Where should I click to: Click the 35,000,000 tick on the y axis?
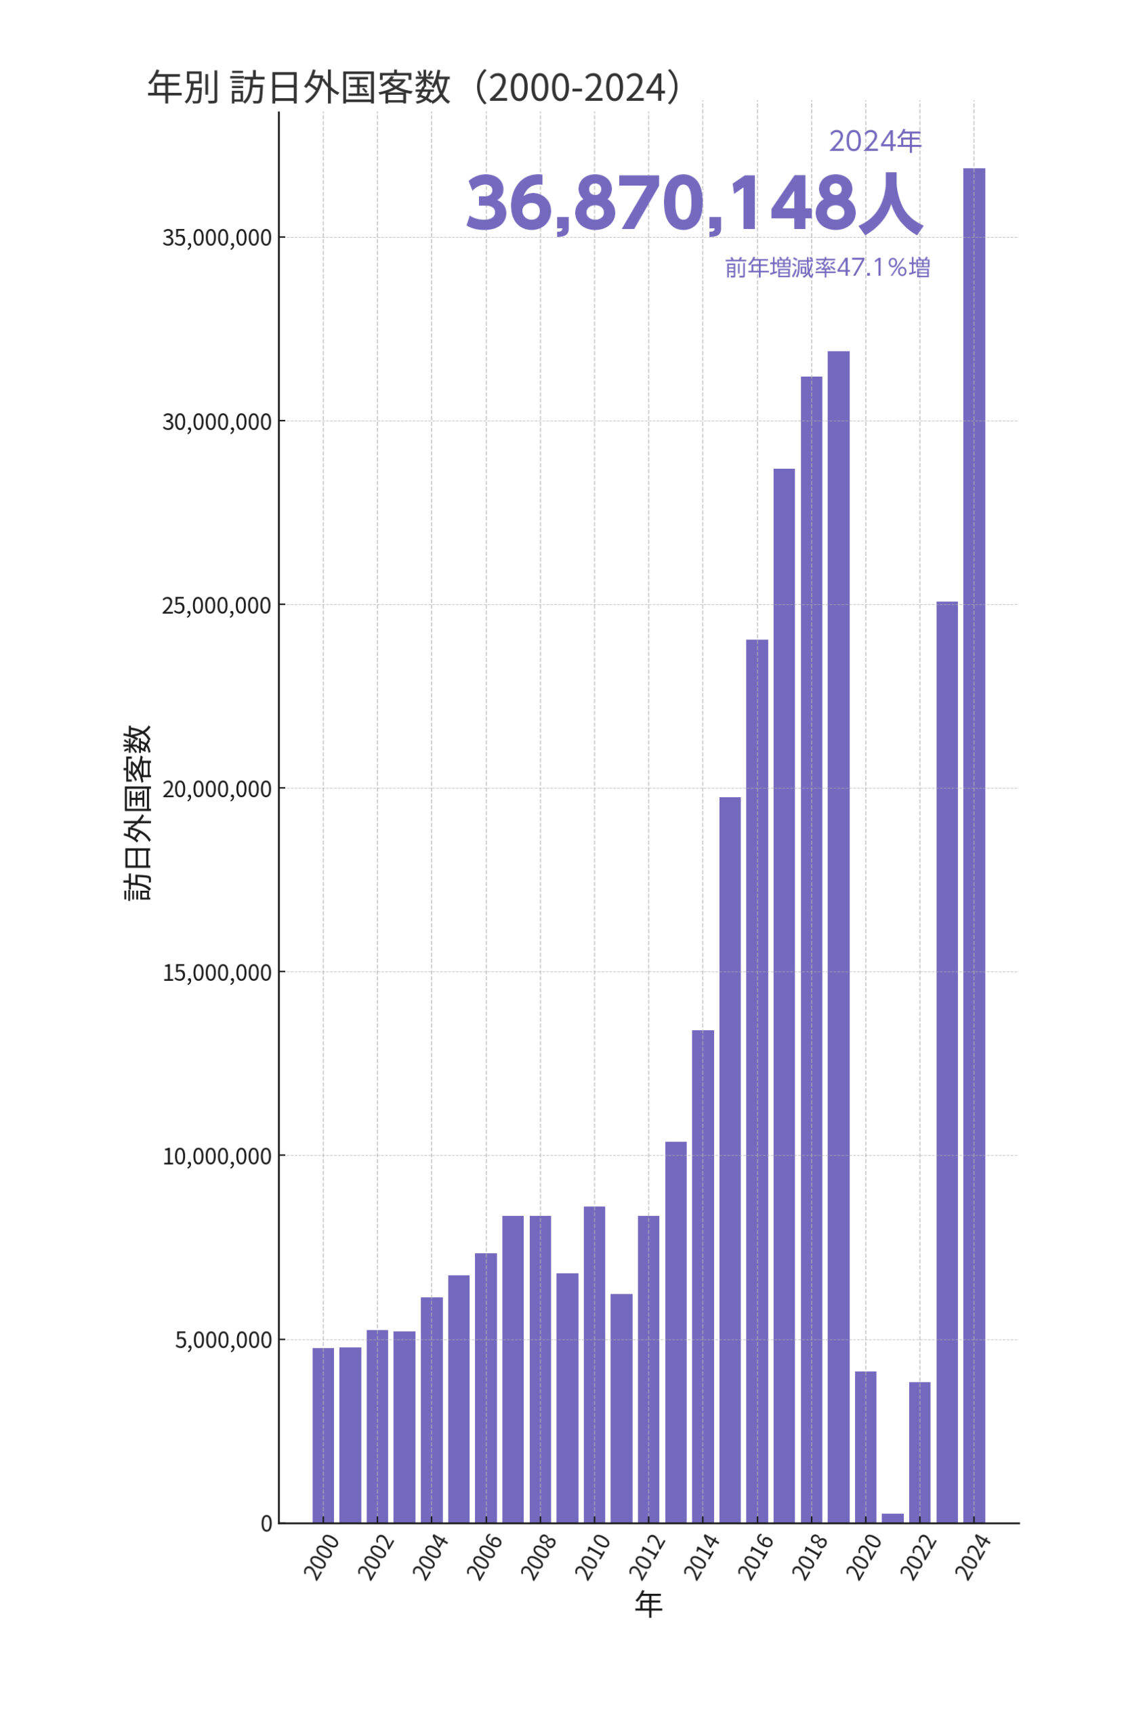[217, 238]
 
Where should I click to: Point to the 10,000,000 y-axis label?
[217, 1156]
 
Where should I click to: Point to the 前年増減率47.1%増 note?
[827, 268]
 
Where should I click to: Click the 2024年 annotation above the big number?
[875, 142]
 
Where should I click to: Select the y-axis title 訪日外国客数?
[138, 812]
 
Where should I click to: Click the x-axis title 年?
[648, 1604]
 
